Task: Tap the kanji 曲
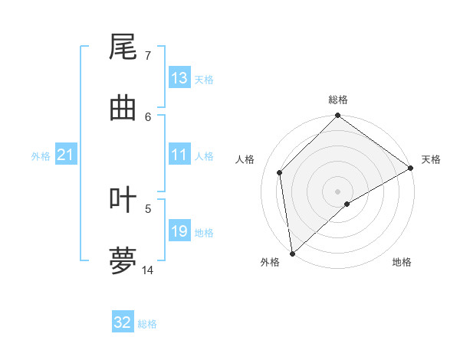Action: pos(123,108)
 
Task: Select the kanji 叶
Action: pos(123,201)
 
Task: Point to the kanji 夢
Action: pos(123,260)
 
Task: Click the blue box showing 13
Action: pos(179,77)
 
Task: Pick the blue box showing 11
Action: pos(179,155)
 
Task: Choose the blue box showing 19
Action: pos(179,231)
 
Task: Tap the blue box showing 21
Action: pos(66,155)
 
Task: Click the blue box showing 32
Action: pos(123,322)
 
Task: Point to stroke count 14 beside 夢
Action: pos(148,270)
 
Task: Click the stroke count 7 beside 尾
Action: pos(148,56)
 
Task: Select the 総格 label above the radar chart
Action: pos(338,100)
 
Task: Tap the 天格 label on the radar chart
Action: pos(431,159)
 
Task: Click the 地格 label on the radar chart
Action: pos(402,262)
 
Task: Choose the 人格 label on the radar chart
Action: pos(245,159)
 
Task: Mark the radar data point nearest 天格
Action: pos(411,168)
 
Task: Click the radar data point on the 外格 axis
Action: pos(292,254)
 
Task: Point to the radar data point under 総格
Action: pos(338,116)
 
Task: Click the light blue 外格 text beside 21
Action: pos(41,155)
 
